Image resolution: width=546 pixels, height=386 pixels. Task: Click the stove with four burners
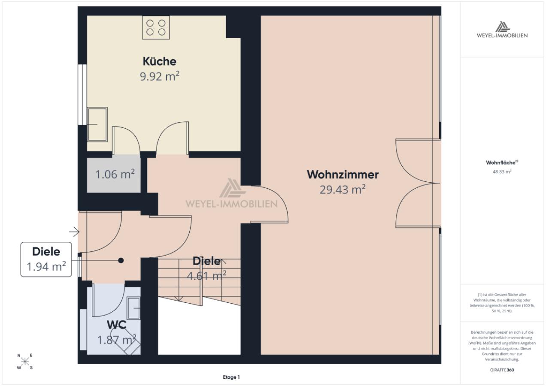click(x=156, y=27)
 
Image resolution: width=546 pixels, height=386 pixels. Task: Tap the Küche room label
click(x=159, y=61)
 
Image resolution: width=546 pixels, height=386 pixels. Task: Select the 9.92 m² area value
click(x=160, y=76)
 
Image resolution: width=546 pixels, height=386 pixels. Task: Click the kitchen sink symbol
click(x=97, y=124)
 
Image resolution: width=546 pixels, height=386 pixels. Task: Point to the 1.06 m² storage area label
click(x=115, y=174)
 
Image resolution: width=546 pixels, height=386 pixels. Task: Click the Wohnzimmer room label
click(x=343, y=175)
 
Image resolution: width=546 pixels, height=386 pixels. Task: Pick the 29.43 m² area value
click(x=343, y=190)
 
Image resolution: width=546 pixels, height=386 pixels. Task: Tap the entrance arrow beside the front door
click(x=74, y=232)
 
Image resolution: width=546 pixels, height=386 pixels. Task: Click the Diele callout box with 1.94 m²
click(x=46, y=259)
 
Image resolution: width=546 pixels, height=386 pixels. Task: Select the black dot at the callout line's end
click(x=121, y=261)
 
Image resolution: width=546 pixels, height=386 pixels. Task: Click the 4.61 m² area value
click(x=206, y=276)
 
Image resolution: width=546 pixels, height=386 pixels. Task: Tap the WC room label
click(x=116, y=325)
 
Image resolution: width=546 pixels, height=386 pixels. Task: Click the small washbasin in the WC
click(x=133, y=308)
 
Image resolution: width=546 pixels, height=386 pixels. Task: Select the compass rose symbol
click(x=25, y=362)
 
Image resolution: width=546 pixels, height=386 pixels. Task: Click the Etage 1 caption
click(x=231, y=377)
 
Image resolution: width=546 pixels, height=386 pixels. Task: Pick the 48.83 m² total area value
click(x=502, y=172)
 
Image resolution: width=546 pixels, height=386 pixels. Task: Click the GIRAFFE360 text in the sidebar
click(x=502, y=370)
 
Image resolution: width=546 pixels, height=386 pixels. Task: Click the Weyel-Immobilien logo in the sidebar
click(x=502, y=30)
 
